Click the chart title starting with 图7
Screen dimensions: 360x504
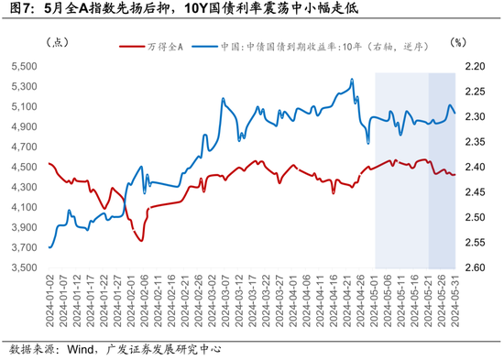(x=183, y=11)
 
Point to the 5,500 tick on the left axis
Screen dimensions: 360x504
(x=21, y=67)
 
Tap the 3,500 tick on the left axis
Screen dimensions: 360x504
(x=21, y=268)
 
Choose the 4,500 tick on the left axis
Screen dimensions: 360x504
(x=21, y=168)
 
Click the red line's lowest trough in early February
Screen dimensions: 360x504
(x=141, y=240)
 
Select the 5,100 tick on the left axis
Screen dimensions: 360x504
(x=21, y=107)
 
